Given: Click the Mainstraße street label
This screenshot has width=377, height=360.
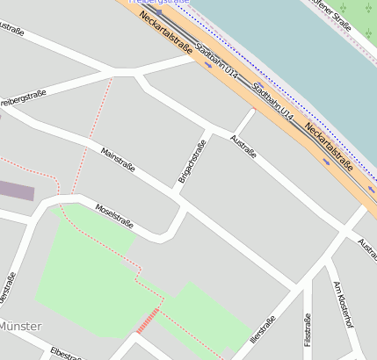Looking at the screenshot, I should coord(119,159).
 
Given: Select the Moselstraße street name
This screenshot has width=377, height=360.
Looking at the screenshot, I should coord(114,216).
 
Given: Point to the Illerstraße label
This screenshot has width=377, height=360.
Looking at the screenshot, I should coord(263,328).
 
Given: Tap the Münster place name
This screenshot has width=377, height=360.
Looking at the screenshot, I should coord(19,326).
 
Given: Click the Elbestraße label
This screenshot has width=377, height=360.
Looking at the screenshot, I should coord(67,353).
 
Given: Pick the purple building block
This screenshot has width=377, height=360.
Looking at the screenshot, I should coord(16,191).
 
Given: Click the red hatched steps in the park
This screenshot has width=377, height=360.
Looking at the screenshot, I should coord(148,320).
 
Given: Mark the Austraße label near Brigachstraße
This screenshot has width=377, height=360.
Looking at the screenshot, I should coord(243,146).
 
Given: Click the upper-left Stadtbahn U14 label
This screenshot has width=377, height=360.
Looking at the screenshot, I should coord(215,58).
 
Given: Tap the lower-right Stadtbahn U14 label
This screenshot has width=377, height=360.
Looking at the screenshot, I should coord(272,102).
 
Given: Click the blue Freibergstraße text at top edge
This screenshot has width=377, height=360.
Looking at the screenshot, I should coord(159,3).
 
